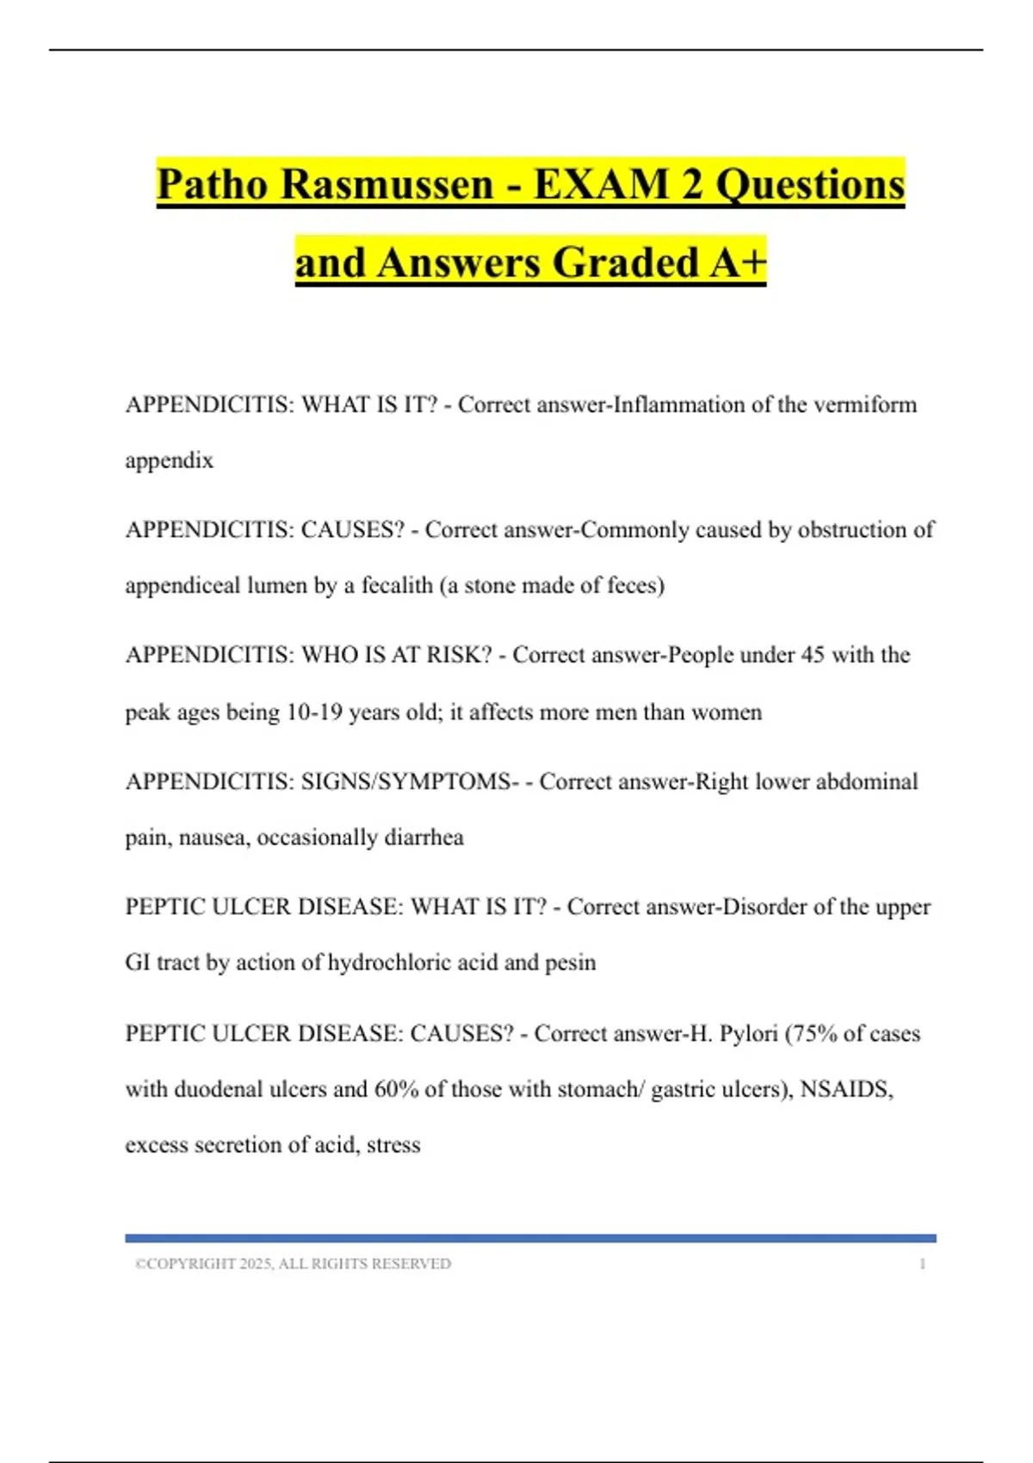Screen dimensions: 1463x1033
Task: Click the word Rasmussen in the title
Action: click(x=387, y=184)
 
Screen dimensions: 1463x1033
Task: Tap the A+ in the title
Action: click(x=738, y=263)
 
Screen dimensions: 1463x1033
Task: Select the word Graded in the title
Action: click(x=626, y=263)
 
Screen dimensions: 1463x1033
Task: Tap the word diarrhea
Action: click(x=424, y=837)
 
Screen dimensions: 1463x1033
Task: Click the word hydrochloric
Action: click(x=389, y=962)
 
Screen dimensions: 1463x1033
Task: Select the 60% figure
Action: click(x=396, y=1090)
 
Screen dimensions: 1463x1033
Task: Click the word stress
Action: click(x=393, y=1145)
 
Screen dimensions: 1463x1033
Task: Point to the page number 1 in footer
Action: click(x=923, y=1264)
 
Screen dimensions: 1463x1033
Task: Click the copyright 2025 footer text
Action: click(x=293, y=1264)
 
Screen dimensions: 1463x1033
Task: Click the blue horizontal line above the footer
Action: click(x=530, y=1238)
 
